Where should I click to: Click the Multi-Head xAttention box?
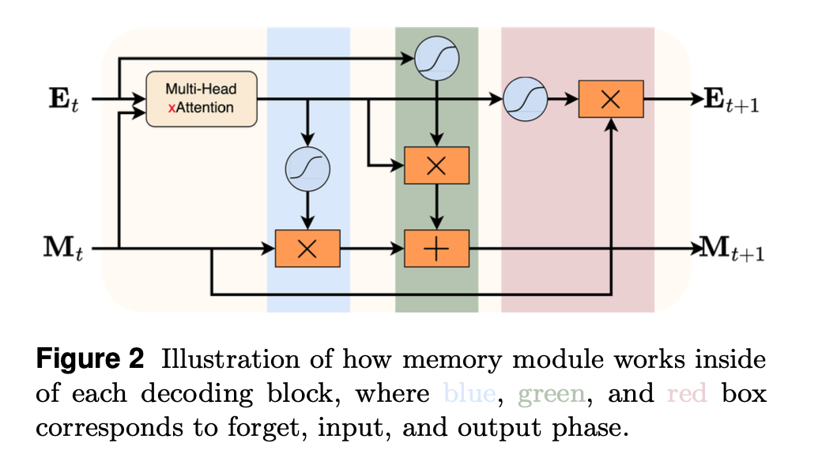click(202, 99)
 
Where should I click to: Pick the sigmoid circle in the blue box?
click(307, 169)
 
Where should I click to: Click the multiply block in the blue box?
click(307, 248)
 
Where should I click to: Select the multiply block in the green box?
click(437, 165)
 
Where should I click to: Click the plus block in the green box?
click(437, 248)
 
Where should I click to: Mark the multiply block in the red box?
click(611, 100)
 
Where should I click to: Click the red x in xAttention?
click(172, 108)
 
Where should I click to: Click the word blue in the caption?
click(470, 393)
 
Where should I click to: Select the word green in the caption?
click(551, 393)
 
